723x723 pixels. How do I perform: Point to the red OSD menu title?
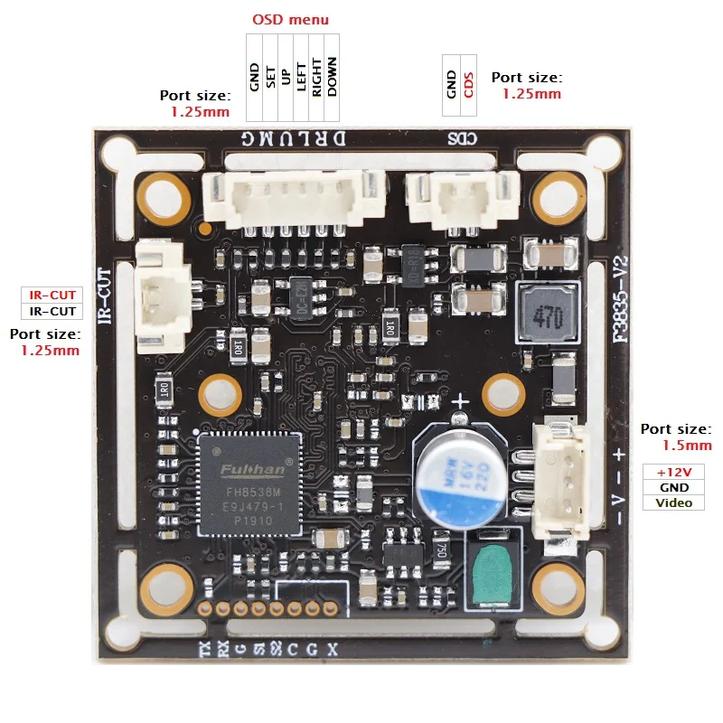coord(290,19)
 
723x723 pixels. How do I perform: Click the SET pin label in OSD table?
coord(270,77)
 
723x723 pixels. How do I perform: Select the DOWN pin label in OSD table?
coord(332,77)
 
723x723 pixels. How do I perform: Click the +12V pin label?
coord(673,472)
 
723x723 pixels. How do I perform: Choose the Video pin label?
coord(673,502)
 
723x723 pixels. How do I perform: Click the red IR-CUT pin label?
coord(52,296)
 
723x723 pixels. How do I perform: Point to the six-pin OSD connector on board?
coord(289,192)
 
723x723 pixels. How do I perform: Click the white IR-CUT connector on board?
coord(163,296)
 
